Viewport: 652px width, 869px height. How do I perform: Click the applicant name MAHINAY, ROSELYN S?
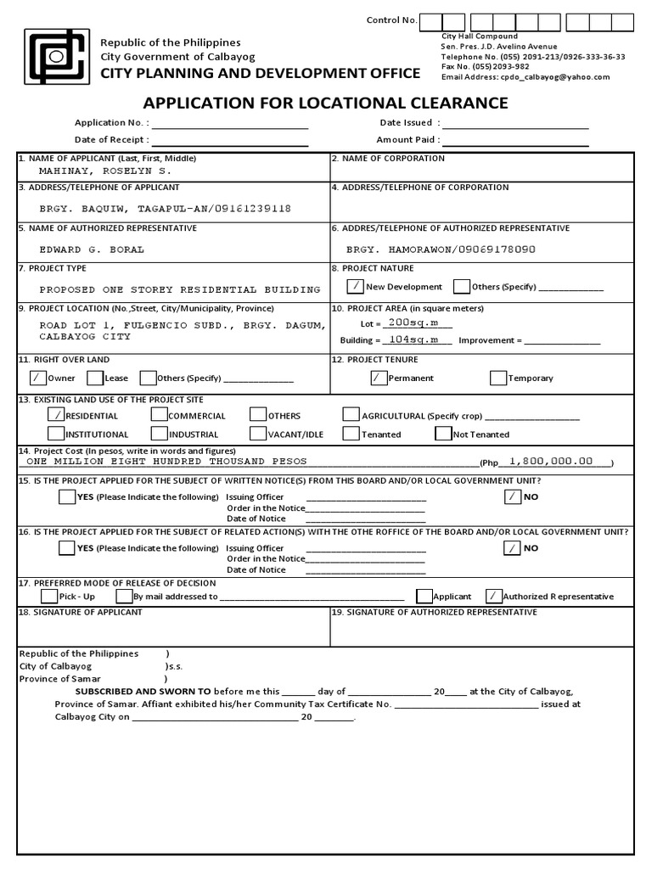pos(105,171)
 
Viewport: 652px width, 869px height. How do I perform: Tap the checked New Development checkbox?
pos(356,286)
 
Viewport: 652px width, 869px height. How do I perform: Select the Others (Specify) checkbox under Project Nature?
pos(462,286)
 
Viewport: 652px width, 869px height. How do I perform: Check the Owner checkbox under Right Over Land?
pos(38,378)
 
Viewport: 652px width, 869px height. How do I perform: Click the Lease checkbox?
pos(95,378)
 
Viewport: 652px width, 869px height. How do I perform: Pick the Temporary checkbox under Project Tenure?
pos(498,378)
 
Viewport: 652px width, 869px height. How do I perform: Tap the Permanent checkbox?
pos(379,378)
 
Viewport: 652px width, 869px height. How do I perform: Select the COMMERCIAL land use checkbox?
pos(159,415)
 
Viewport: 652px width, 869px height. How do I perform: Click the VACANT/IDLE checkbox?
pos(258,434)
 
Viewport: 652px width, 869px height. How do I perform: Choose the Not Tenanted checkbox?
pos(443,434)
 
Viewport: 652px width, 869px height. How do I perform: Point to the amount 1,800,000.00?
pos(551,461)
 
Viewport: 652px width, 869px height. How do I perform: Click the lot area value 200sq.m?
pos(407,322)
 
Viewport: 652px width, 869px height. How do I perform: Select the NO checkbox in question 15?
pos(513,496)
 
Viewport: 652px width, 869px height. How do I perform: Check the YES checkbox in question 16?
pos(67,547)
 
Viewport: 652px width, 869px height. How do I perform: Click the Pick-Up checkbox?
pos(50,596)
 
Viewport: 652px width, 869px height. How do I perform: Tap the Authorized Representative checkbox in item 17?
pos(493,596)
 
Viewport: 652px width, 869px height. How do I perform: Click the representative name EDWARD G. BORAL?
pos(92,249)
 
